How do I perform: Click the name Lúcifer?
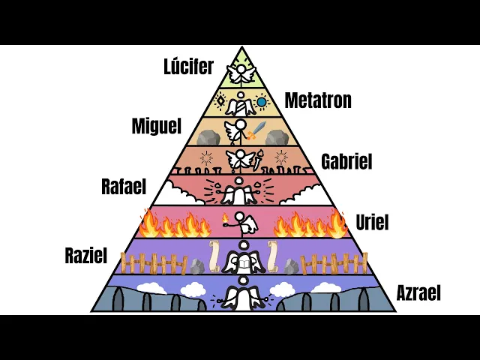coord(187,67)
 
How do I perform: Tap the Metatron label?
coord(318,100)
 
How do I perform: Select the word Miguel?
coord(157,125)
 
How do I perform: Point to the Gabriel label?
coord(346,161)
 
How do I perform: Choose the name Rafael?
coord(124,187)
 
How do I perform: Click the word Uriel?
coord(373,222)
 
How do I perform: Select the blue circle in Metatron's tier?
coord(262,101)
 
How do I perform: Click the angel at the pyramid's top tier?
coord(240,73)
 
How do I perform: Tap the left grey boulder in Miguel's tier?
coord(208,137)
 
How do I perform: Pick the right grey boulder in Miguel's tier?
coord(277,137)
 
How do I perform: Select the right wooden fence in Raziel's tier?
coord(337,263)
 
